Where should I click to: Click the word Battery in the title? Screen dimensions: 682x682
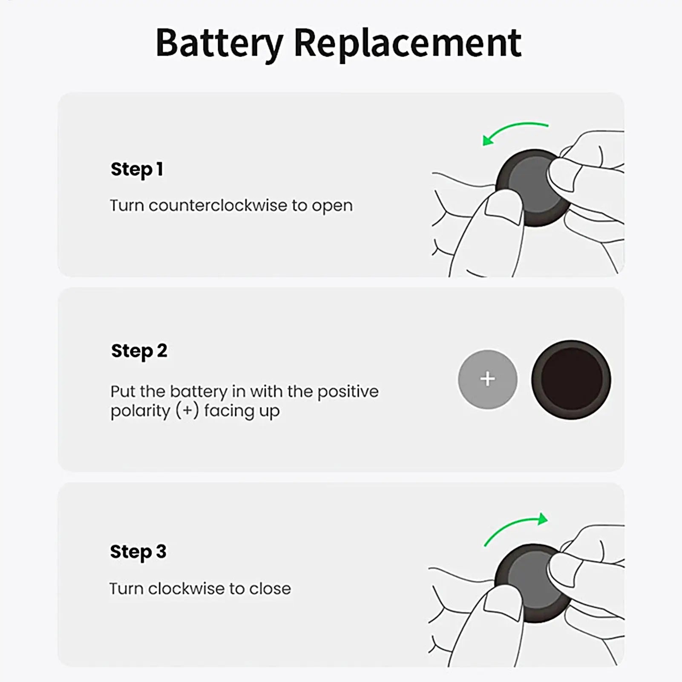tap(219, 43)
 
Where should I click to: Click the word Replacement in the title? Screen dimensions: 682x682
tap(407, 43)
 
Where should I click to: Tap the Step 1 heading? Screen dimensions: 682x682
tap(137, 170)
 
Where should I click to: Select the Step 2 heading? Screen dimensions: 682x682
tap(139, 351)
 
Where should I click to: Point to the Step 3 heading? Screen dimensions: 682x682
tap(138, 552)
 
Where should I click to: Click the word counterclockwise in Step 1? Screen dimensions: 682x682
tap(218, 206)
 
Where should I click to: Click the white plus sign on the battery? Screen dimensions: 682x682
tap(487, 379)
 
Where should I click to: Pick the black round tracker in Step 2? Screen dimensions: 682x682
tap(571, 380)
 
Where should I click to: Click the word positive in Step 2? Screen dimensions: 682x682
tap(348, 392)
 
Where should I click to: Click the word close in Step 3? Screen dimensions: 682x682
tap(270, 589)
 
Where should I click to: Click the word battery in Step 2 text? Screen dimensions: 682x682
tap(199, 392)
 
